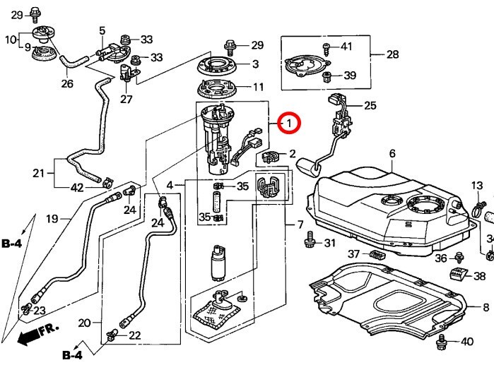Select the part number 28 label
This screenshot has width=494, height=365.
coord(392,54)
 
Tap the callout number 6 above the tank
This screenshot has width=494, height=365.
coord(392,154)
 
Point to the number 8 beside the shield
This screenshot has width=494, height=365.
coord(486,307)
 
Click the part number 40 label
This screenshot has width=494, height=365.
coord(466,342)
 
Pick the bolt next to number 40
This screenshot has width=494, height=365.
coord(443,342)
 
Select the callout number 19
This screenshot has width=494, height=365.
coord(52,219)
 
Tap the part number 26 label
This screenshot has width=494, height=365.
coord(67,84)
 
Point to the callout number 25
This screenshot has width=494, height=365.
coord(370,106)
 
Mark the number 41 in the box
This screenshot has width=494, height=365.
coord(346,47)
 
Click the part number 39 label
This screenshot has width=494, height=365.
coord(351,76)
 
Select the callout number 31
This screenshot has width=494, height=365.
coord(329,244)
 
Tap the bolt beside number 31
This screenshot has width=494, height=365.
coord(309,243)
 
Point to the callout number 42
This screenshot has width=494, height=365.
coord(77,188)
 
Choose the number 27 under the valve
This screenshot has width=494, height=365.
coord(126,100)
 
